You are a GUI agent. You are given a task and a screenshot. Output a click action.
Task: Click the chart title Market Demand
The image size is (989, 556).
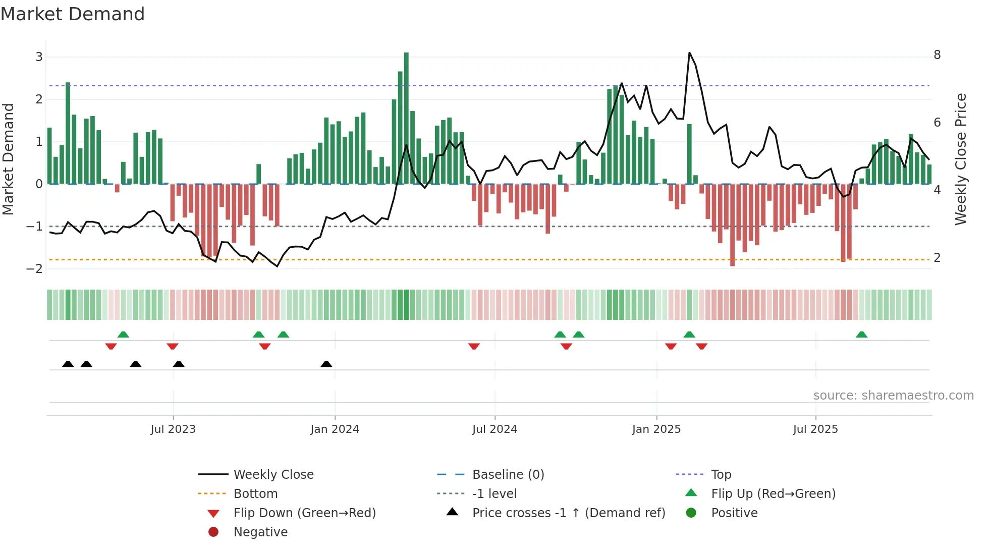coord(73,14)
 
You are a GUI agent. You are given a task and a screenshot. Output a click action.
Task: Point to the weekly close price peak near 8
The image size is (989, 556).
coord(689,53)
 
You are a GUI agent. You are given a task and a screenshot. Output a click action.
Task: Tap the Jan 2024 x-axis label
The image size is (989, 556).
coord(335,429)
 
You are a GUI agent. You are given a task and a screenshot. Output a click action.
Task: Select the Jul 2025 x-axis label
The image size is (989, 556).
coord(815,429)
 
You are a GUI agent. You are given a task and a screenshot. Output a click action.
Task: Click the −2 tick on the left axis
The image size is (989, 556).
coord(35,269)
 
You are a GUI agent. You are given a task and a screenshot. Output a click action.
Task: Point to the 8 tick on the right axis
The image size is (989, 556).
coord(937,55)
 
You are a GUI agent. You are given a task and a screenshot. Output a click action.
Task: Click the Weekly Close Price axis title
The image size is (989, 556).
coord(961,159)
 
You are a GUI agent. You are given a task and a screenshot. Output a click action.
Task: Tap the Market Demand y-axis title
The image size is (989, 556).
coord(9,159)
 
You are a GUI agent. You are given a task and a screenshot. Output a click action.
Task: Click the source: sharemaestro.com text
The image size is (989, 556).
coord(893,396)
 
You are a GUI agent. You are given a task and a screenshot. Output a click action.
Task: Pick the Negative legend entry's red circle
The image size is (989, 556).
coord(213,532)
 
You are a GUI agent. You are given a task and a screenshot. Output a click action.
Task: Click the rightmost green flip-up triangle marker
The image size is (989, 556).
coord(861,335)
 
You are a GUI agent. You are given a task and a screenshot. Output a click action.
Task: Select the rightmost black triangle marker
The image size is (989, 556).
coord(326,364)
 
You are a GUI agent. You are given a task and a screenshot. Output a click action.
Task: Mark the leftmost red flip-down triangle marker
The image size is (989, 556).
coord(111,346)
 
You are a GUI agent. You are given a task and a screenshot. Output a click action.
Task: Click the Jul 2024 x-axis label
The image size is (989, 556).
coord(494,429)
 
